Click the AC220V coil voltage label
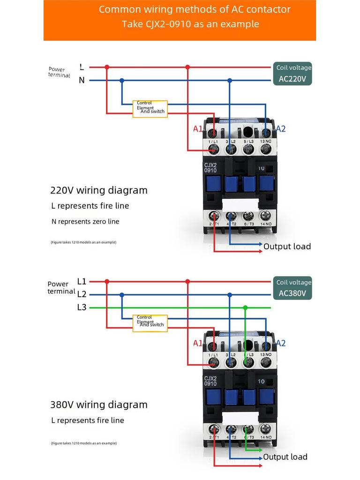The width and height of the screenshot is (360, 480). [x=292, y=79]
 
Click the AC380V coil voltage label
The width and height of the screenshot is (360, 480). [x=292, y=294]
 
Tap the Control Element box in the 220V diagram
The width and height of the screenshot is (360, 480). [x=150, y=109]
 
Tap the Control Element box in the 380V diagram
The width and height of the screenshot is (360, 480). [x=150, y=323]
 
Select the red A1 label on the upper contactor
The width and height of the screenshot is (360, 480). [x=198, y=129]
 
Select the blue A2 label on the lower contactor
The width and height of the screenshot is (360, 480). [x=280, y=343]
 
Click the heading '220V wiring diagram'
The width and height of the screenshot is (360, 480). [x=99, y=190]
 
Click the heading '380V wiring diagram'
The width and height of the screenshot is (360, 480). [x=99, y=405]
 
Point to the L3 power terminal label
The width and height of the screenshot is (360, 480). [x=82, y=307]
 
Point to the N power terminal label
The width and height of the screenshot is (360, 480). [x=82, y=80]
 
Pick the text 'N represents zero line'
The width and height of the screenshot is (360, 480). [x=85, y=221]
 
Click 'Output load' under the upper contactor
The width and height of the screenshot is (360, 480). [x=287, y=247]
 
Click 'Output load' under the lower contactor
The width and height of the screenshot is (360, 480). [x=285, y=457]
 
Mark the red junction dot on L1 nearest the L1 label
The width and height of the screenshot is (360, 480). [x=107, y=282]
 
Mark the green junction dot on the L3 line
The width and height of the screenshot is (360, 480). [x=245, y=307]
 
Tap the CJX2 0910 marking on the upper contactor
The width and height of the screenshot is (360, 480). [x=210, y=167]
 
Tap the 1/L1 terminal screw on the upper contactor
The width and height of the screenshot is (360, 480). [x=213, y=150]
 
